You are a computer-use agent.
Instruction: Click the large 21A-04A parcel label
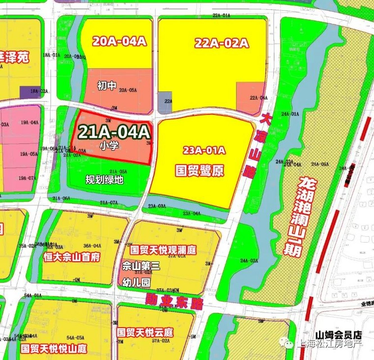coord(114,132)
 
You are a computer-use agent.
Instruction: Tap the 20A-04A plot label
coord(120,42)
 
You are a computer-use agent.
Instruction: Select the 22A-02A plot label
coord(222,43)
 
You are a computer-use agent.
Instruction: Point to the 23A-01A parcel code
coord(204,150)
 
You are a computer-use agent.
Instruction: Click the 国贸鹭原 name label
coord(200,170)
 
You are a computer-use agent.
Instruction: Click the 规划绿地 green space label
coord(105,180)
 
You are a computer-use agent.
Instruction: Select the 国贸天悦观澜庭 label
coord(163,249)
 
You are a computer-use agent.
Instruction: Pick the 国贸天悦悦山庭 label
coord(54,349)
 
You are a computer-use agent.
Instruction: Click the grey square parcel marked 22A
coord(165,102)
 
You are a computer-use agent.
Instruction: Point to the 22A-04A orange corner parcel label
coord(259,98)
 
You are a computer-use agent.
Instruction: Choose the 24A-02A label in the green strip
coord(249,261)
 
